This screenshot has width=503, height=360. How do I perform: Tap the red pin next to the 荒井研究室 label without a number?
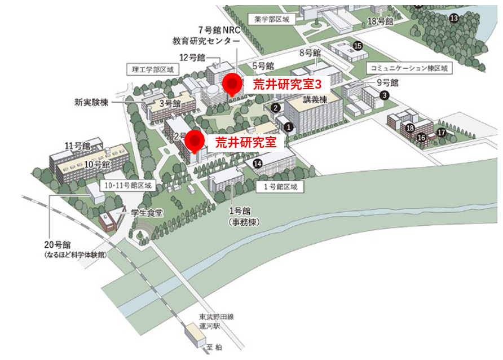coord(195,140)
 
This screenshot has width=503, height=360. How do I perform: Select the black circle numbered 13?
coord(455,18)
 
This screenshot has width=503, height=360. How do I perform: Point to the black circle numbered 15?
coord(358,46)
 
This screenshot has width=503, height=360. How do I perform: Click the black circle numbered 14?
coord(258,164)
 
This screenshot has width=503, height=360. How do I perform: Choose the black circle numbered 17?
coord(442,133)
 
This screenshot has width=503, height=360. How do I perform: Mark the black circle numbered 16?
coord(421,137)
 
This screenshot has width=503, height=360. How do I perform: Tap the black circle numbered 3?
coord(384,95)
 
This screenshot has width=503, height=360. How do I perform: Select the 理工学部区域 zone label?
coord(152,69)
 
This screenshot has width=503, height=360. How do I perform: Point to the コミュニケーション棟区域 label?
coord(409,68)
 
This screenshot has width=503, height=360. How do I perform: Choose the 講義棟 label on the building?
coord(315,100)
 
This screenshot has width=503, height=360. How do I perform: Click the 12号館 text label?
coord(192,58)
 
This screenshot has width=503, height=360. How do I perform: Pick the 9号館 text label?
coord(387,82)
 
